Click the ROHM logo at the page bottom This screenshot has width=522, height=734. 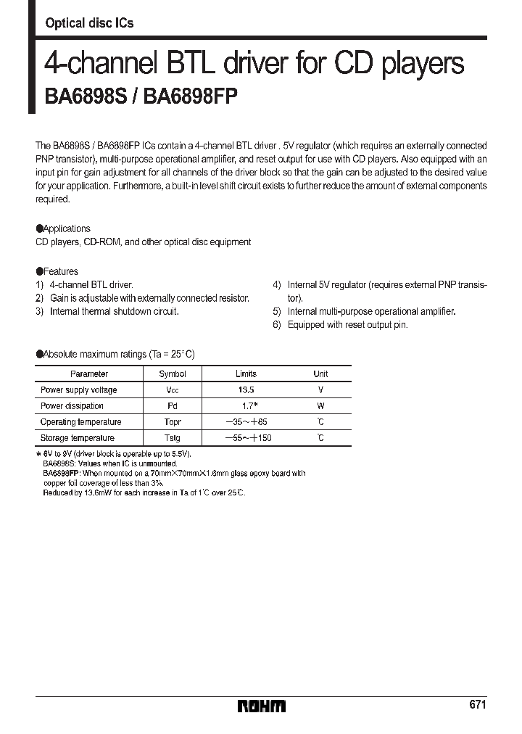[x=262, y=706]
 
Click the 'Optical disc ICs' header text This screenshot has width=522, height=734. [x=89, y=23]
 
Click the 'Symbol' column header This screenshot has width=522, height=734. [x=173, y=374]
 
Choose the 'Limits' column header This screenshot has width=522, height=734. [x=246, y=374]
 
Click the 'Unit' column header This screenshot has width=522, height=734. [x=320, y=374]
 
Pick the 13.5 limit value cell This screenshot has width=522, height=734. [x=246, y=390]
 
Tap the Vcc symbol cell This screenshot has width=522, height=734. [x=173, y=390]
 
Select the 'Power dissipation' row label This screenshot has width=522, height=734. [x=72, y=406]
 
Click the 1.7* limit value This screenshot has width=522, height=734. [x=246, y=406]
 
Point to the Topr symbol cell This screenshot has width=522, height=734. [x=173, y=422]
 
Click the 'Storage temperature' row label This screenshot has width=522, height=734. [x=77, y=438]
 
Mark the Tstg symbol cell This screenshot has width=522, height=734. [x=173, y=438]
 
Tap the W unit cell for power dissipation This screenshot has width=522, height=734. [x=320, y=406]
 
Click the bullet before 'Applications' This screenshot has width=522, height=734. [x=39, y=228]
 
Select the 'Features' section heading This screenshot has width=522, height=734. [x=61, y=272]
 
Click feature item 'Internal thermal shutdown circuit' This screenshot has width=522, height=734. [x=114, y=311]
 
